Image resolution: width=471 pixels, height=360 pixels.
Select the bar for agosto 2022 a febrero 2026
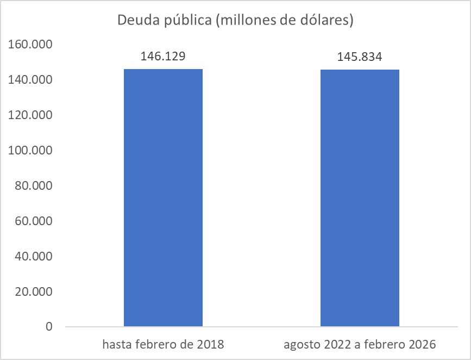(x=360, y=198)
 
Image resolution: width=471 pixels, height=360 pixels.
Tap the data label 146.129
(x=163, y=57)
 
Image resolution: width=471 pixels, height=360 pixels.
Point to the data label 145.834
(x=360, y=57)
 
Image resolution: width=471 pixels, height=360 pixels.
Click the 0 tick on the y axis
(x=49, y=327)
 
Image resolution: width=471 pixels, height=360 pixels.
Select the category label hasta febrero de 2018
(x=163, y=345)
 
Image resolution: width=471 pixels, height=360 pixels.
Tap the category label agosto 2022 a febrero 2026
(x=360, y=345)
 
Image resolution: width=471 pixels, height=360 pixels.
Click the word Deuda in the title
(x=135, y=21)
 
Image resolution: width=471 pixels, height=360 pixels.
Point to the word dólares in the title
(x=326, y=21)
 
